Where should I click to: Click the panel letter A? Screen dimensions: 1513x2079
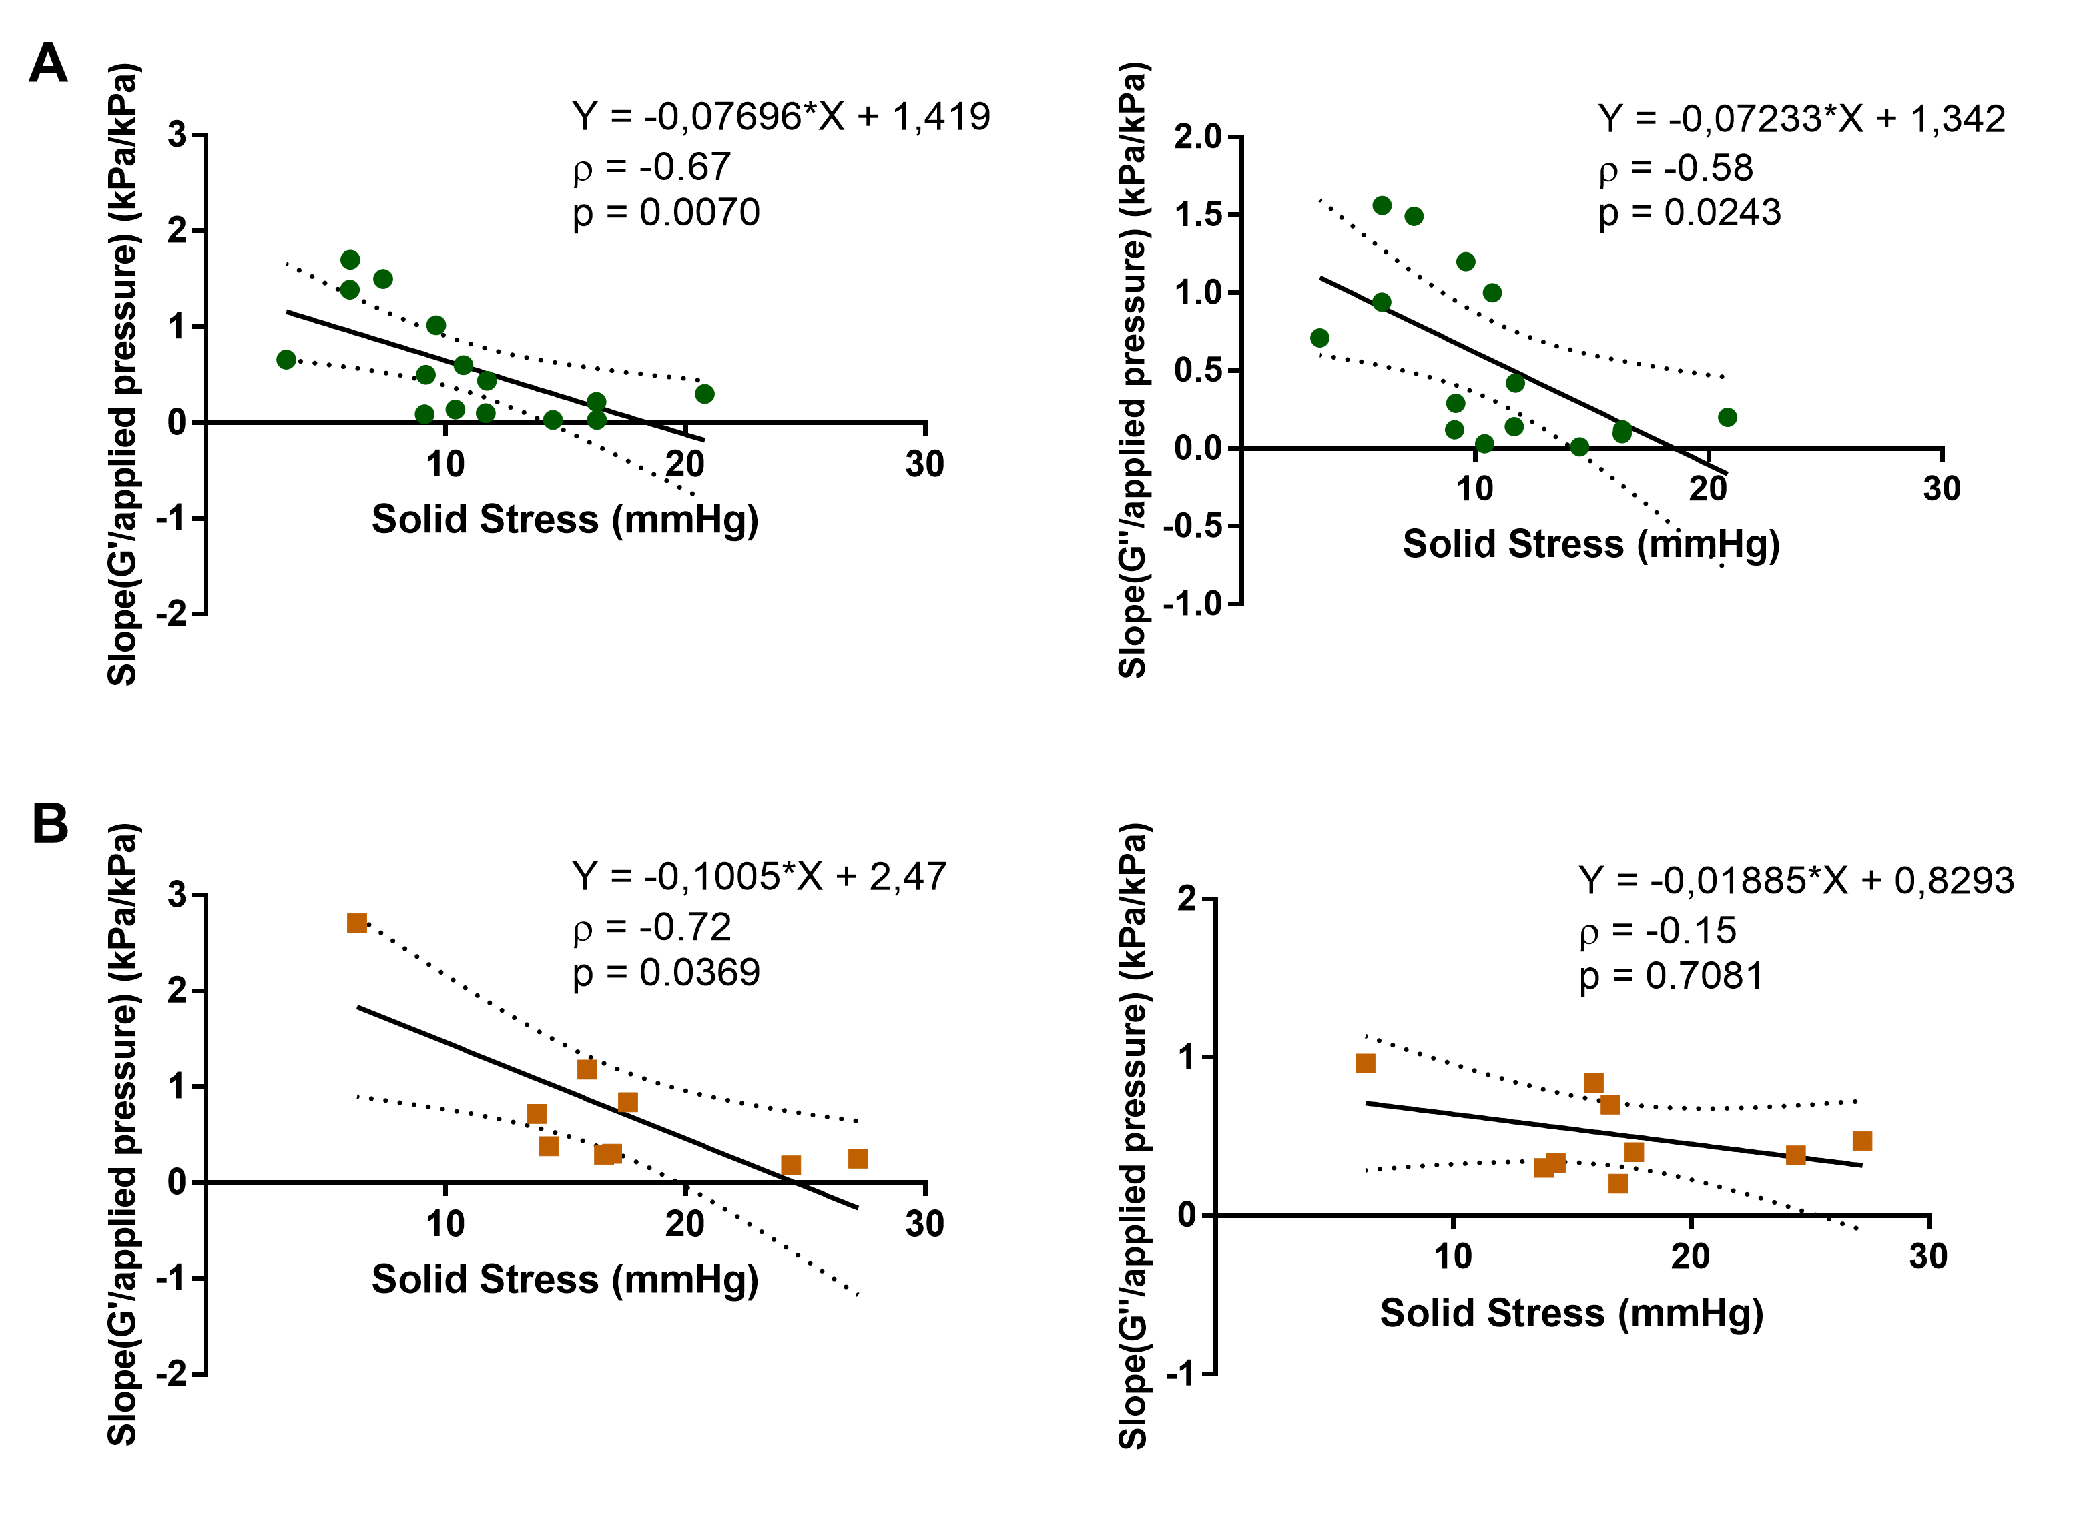pyautogui.click(x=49, y=64)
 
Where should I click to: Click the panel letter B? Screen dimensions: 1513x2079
pyautogui.click(x=51, y=823)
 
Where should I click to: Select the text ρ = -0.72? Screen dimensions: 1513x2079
pyautogui.click(x=652, y=927)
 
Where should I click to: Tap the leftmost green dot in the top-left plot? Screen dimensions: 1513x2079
pyautogui.click(x=286, y=359)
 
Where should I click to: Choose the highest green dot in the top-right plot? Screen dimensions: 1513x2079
pyautogui.click(x=1382, y=205)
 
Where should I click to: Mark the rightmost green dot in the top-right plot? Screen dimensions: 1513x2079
pyautogui.click(x=1728, y=418)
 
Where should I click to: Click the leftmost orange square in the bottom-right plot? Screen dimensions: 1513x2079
pyautogui.click(x=1366, y=1063)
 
